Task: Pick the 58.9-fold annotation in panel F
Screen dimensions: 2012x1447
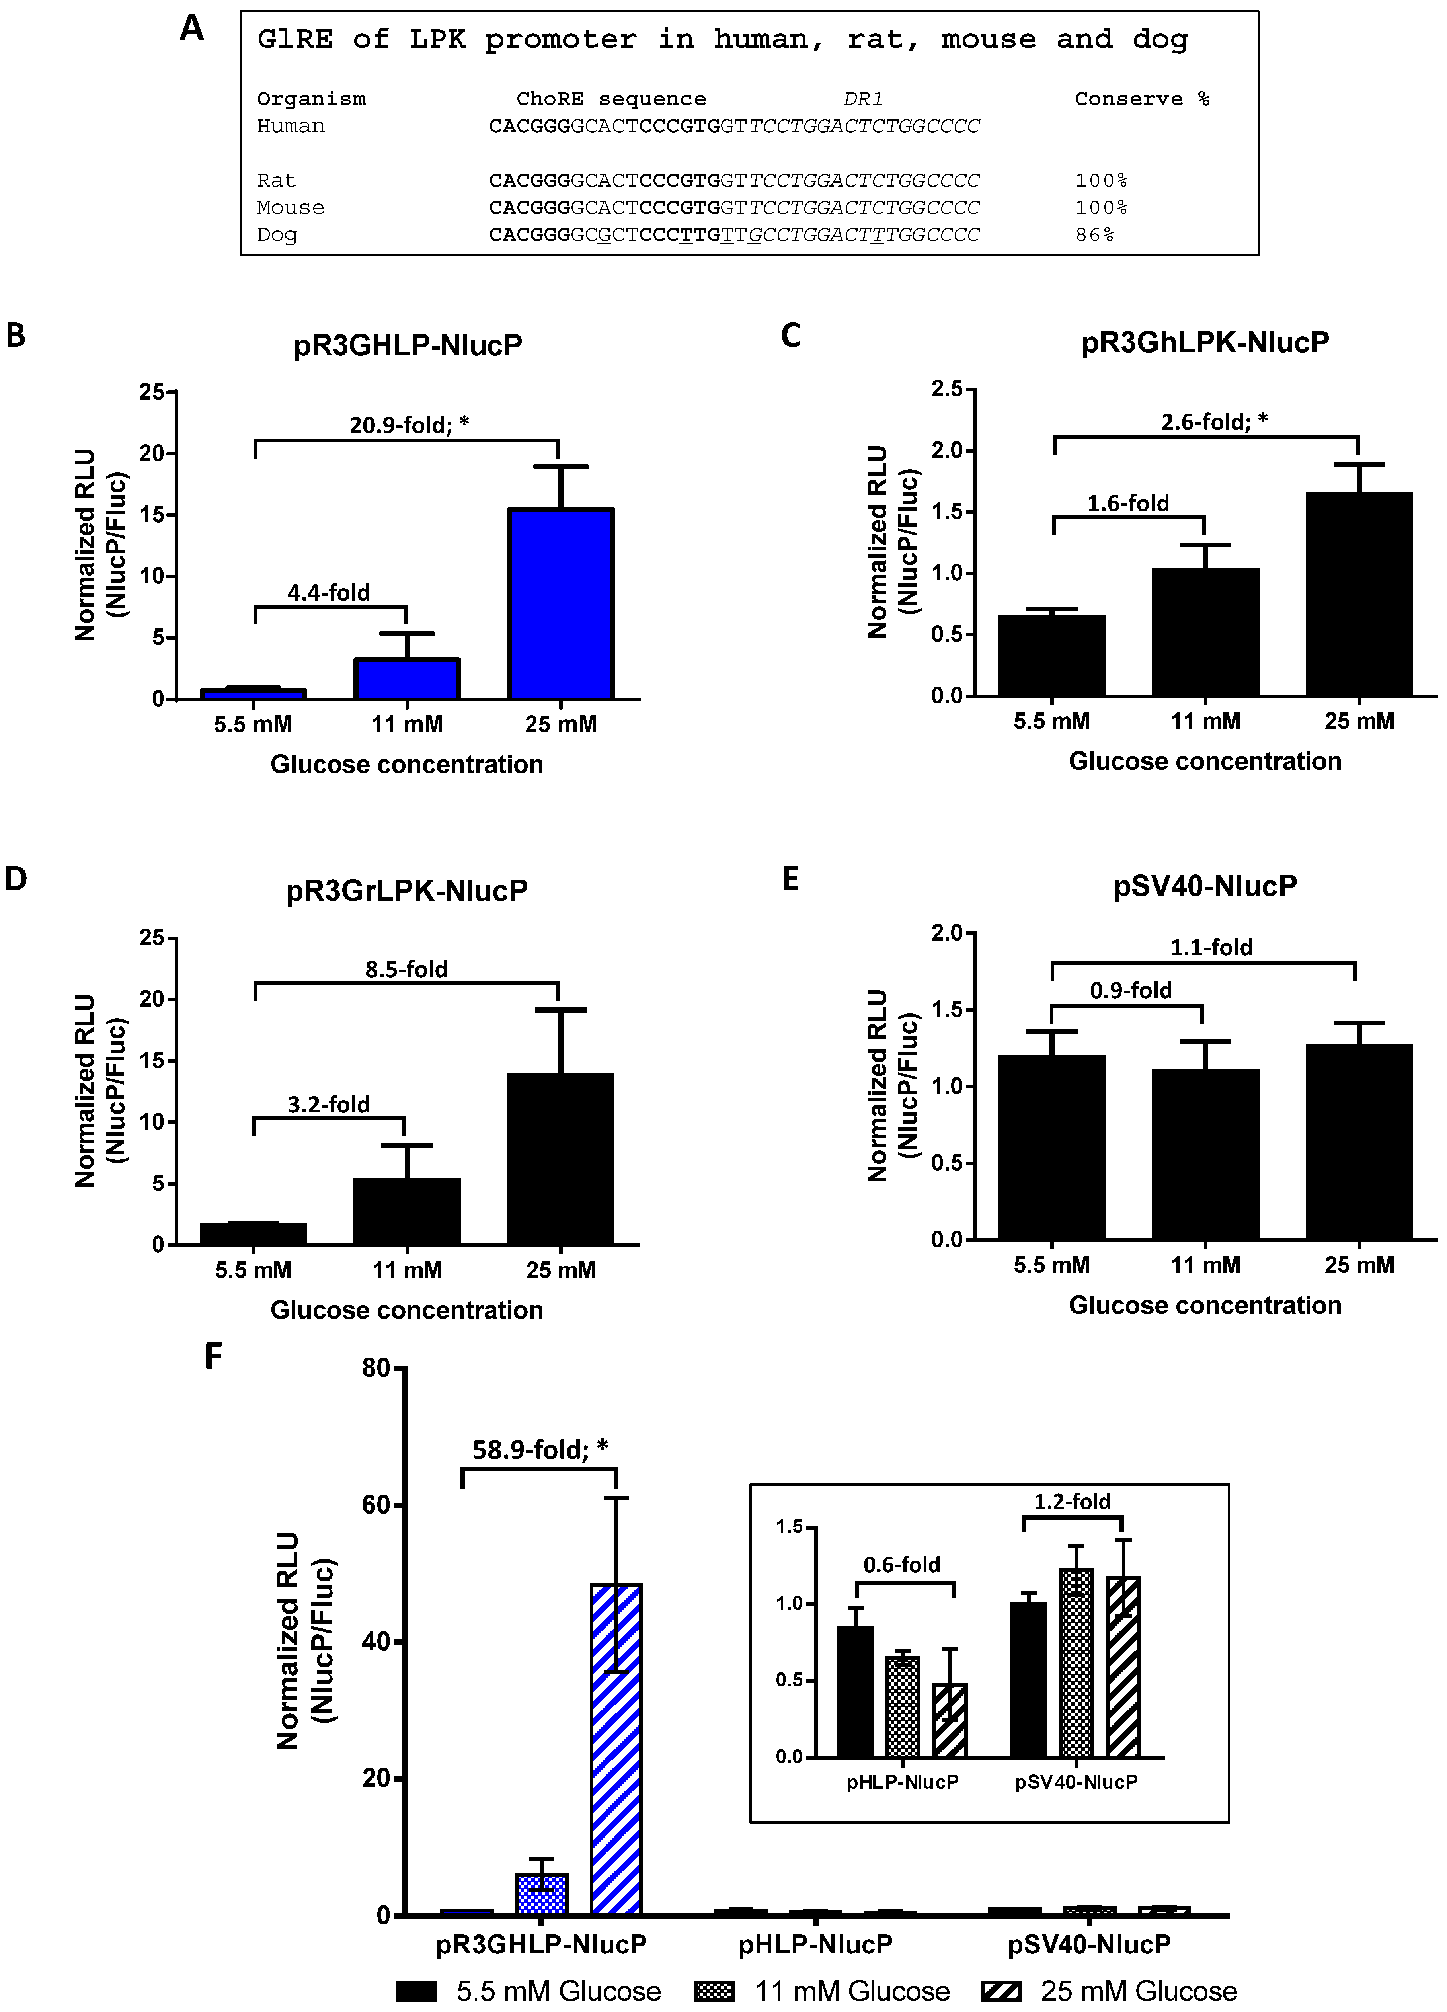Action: click(x=539, y=1450)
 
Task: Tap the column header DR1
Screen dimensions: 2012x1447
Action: click(x=862, y=100)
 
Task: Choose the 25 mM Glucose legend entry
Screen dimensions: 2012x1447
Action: click(x=1138, y=1991)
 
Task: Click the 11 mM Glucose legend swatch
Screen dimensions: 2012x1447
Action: click(x=715, y=1991)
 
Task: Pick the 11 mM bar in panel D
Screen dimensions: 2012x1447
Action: click(x=406, y=1212)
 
